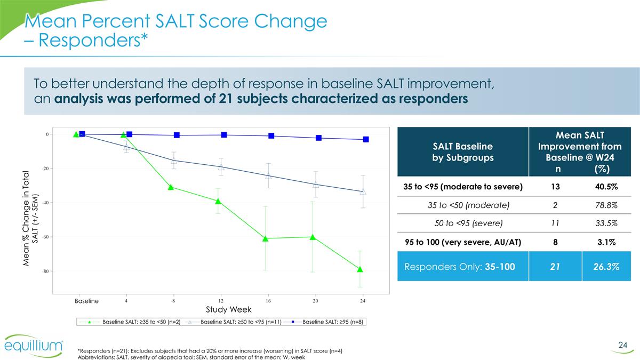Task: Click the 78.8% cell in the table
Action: click(605, 205)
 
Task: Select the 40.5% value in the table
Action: click(605, 186)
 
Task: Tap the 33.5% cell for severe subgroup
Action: click(605, 223)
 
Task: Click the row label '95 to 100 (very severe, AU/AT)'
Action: click(463, 242)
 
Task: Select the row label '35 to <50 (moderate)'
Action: click(463, 205)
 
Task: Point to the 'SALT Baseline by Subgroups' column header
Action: click(462, 152)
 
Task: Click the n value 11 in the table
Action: click(556, 223)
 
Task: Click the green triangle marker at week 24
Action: click(361, 269)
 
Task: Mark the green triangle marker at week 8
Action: click(171, 187)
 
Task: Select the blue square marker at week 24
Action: click(366, 139)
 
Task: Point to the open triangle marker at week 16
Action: click(269, 175)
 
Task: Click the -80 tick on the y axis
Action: click(46, 271)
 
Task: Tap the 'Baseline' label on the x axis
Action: click(86, 301)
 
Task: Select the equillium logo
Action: click(35, 346)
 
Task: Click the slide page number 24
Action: click(622, 346)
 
